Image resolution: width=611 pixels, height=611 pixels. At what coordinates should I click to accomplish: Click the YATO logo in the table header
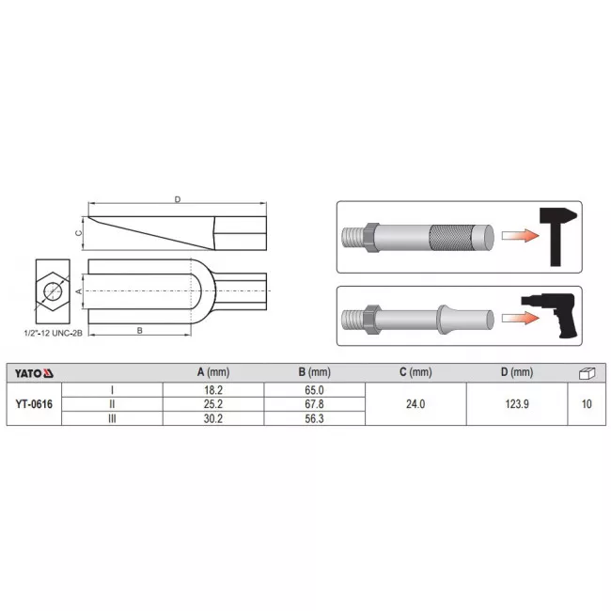click(34, 373)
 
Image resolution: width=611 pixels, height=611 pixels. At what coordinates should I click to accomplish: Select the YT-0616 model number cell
click(34, 404)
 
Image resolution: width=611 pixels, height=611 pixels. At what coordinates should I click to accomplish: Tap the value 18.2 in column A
click(213, 390)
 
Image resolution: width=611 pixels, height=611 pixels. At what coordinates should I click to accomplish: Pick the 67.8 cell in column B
click(315, 404)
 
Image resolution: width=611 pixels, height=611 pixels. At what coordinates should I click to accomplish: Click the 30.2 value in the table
click(213, 418)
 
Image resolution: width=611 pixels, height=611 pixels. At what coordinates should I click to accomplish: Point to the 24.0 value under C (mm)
click(415, 404)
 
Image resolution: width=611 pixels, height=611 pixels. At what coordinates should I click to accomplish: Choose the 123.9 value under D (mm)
click(517, 404)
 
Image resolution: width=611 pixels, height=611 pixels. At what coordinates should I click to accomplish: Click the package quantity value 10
click(587, 404)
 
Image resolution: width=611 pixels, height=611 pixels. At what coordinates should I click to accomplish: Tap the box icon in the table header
click(587, 373)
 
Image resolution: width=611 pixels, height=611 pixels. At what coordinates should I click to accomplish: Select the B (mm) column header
click(315, 372)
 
